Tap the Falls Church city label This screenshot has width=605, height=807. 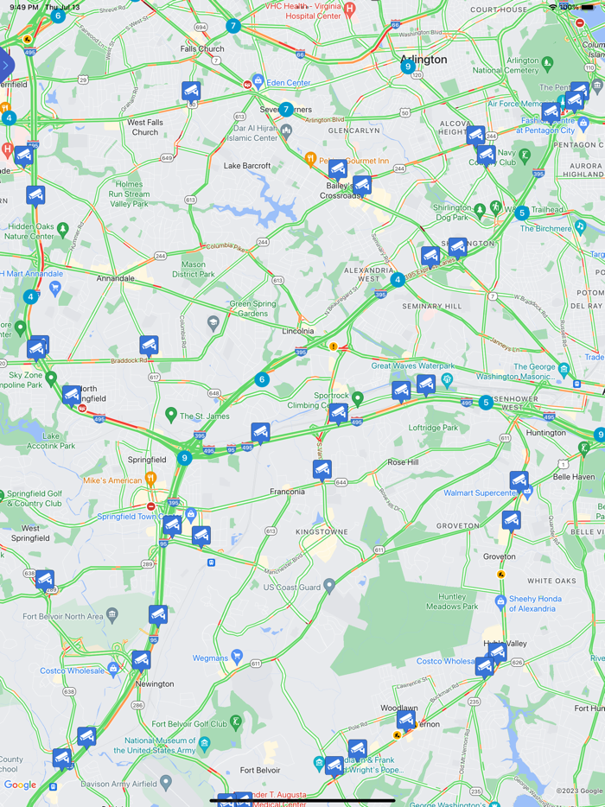point(202,49)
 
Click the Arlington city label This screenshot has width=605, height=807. point(423,60)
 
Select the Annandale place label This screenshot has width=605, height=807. point(115,278)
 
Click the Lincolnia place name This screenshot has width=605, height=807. point(298,331)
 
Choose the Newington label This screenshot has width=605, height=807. point(155,683)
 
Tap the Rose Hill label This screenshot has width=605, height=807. point(403,462)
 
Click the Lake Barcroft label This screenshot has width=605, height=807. point(247,165)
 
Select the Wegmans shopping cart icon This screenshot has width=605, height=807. point(237,658)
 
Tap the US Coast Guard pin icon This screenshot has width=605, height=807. point(329,587)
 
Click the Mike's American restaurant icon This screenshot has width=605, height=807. point(151,479)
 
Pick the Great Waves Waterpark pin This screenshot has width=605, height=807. point(447,379)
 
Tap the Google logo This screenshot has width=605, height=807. point(20,785)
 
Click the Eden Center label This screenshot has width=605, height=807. point(289,82)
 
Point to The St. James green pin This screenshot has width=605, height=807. point(171,416)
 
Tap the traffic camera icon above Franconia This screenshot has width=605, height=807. point(322,470)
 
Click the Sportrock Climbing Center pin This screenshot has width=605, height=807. point(358,397)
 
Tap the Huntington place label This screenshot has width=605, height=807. point(545,433)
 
